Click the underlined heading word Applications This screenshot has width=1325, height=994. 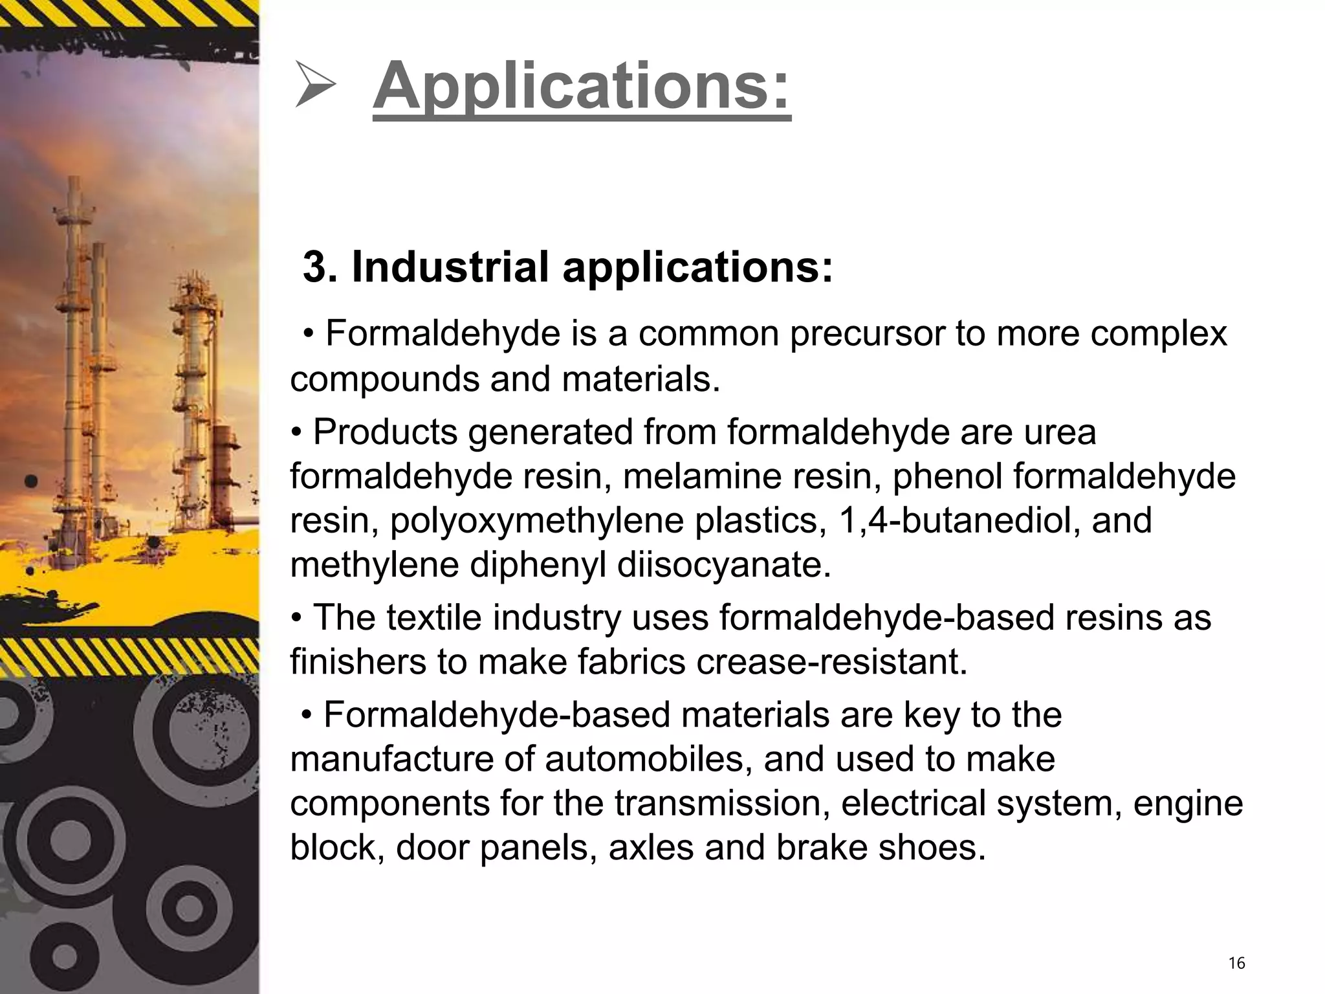tap(581, 87)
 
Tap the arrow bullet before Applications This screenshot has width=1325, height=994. tap(315, 84)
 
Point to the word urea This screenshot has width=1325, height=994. tap(1060, 432)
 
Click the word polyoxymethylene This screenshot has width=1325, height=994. tap(536, 520)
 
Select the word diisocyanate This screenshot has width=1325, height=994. tap(723, 565)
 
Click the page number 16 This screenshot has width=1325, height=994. tap(1236, 964)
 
